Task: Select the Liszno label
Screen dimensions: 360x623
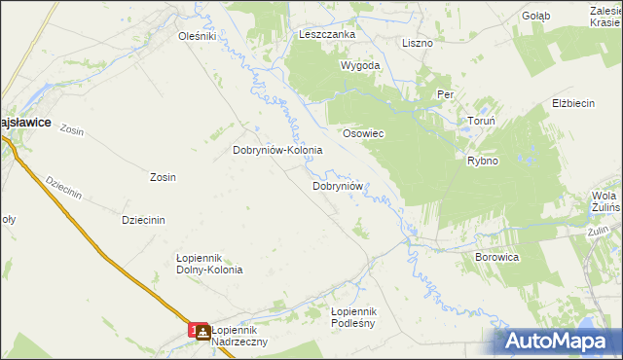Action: coord(418,43)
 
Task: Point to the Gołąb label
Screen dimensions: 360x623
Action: coord(535,16)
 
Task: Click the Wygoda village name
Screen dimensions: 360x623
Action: coord(359,66)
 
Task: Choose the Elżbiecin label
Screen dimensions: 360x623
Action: coord(572,102)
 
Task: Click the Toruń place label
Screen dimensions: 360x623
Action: coord(482,125)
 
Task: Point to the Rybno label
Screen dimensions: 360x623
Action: coord(483,161)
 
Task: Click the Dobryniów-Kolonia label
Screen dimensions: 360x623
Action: coord(277,151)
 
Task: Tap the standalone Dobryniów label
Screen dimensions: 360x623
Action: coord(338,185)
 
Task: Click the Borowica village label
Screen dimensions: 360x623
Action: coord(497,258)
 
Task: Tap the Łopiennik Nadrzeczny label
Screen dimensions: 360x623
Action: coord(239,337)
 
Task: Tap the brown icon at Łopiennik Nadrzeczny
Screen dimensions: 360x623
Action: coord(202,332)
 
